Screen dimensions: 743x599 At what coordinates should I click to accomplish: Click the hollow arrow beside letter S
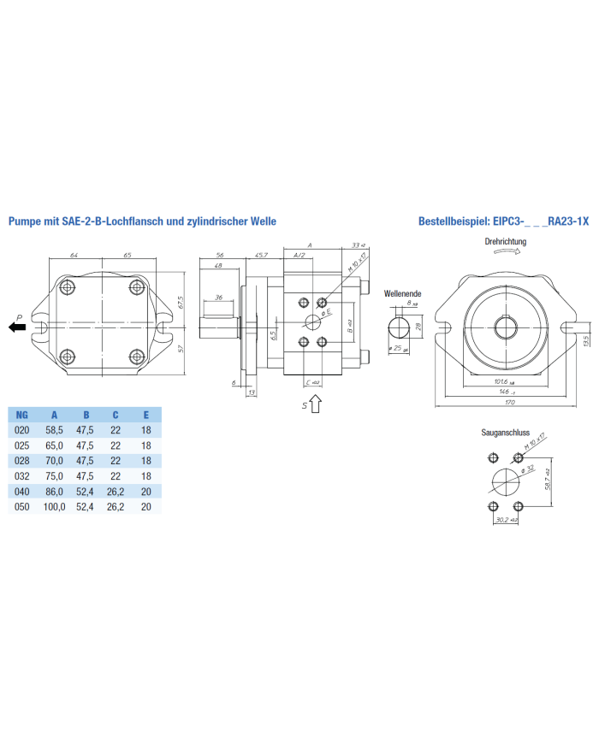[315, 404]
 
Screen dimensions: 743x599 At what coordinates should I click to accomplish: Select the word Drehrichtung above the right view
[505, 242]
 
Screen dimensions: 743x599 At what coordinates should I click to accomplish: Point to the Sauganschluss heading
[505, 433]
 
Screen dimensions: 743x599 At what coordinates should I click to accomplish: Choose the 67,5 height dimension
[181, 303]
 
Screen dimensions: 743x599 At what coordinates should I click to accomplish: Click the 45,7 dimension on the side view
[262, 256]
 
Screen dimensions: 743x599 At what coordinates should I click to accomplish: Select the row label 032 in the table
[23, 476]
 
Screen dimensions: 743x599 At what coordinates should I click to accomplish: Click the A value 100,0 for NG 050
[55, 507]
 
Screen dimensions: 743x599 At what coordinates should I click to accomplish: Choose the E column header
[146, 415]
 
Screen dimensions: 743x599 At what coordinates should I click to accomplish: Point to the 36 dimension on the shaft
[219, 298]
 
